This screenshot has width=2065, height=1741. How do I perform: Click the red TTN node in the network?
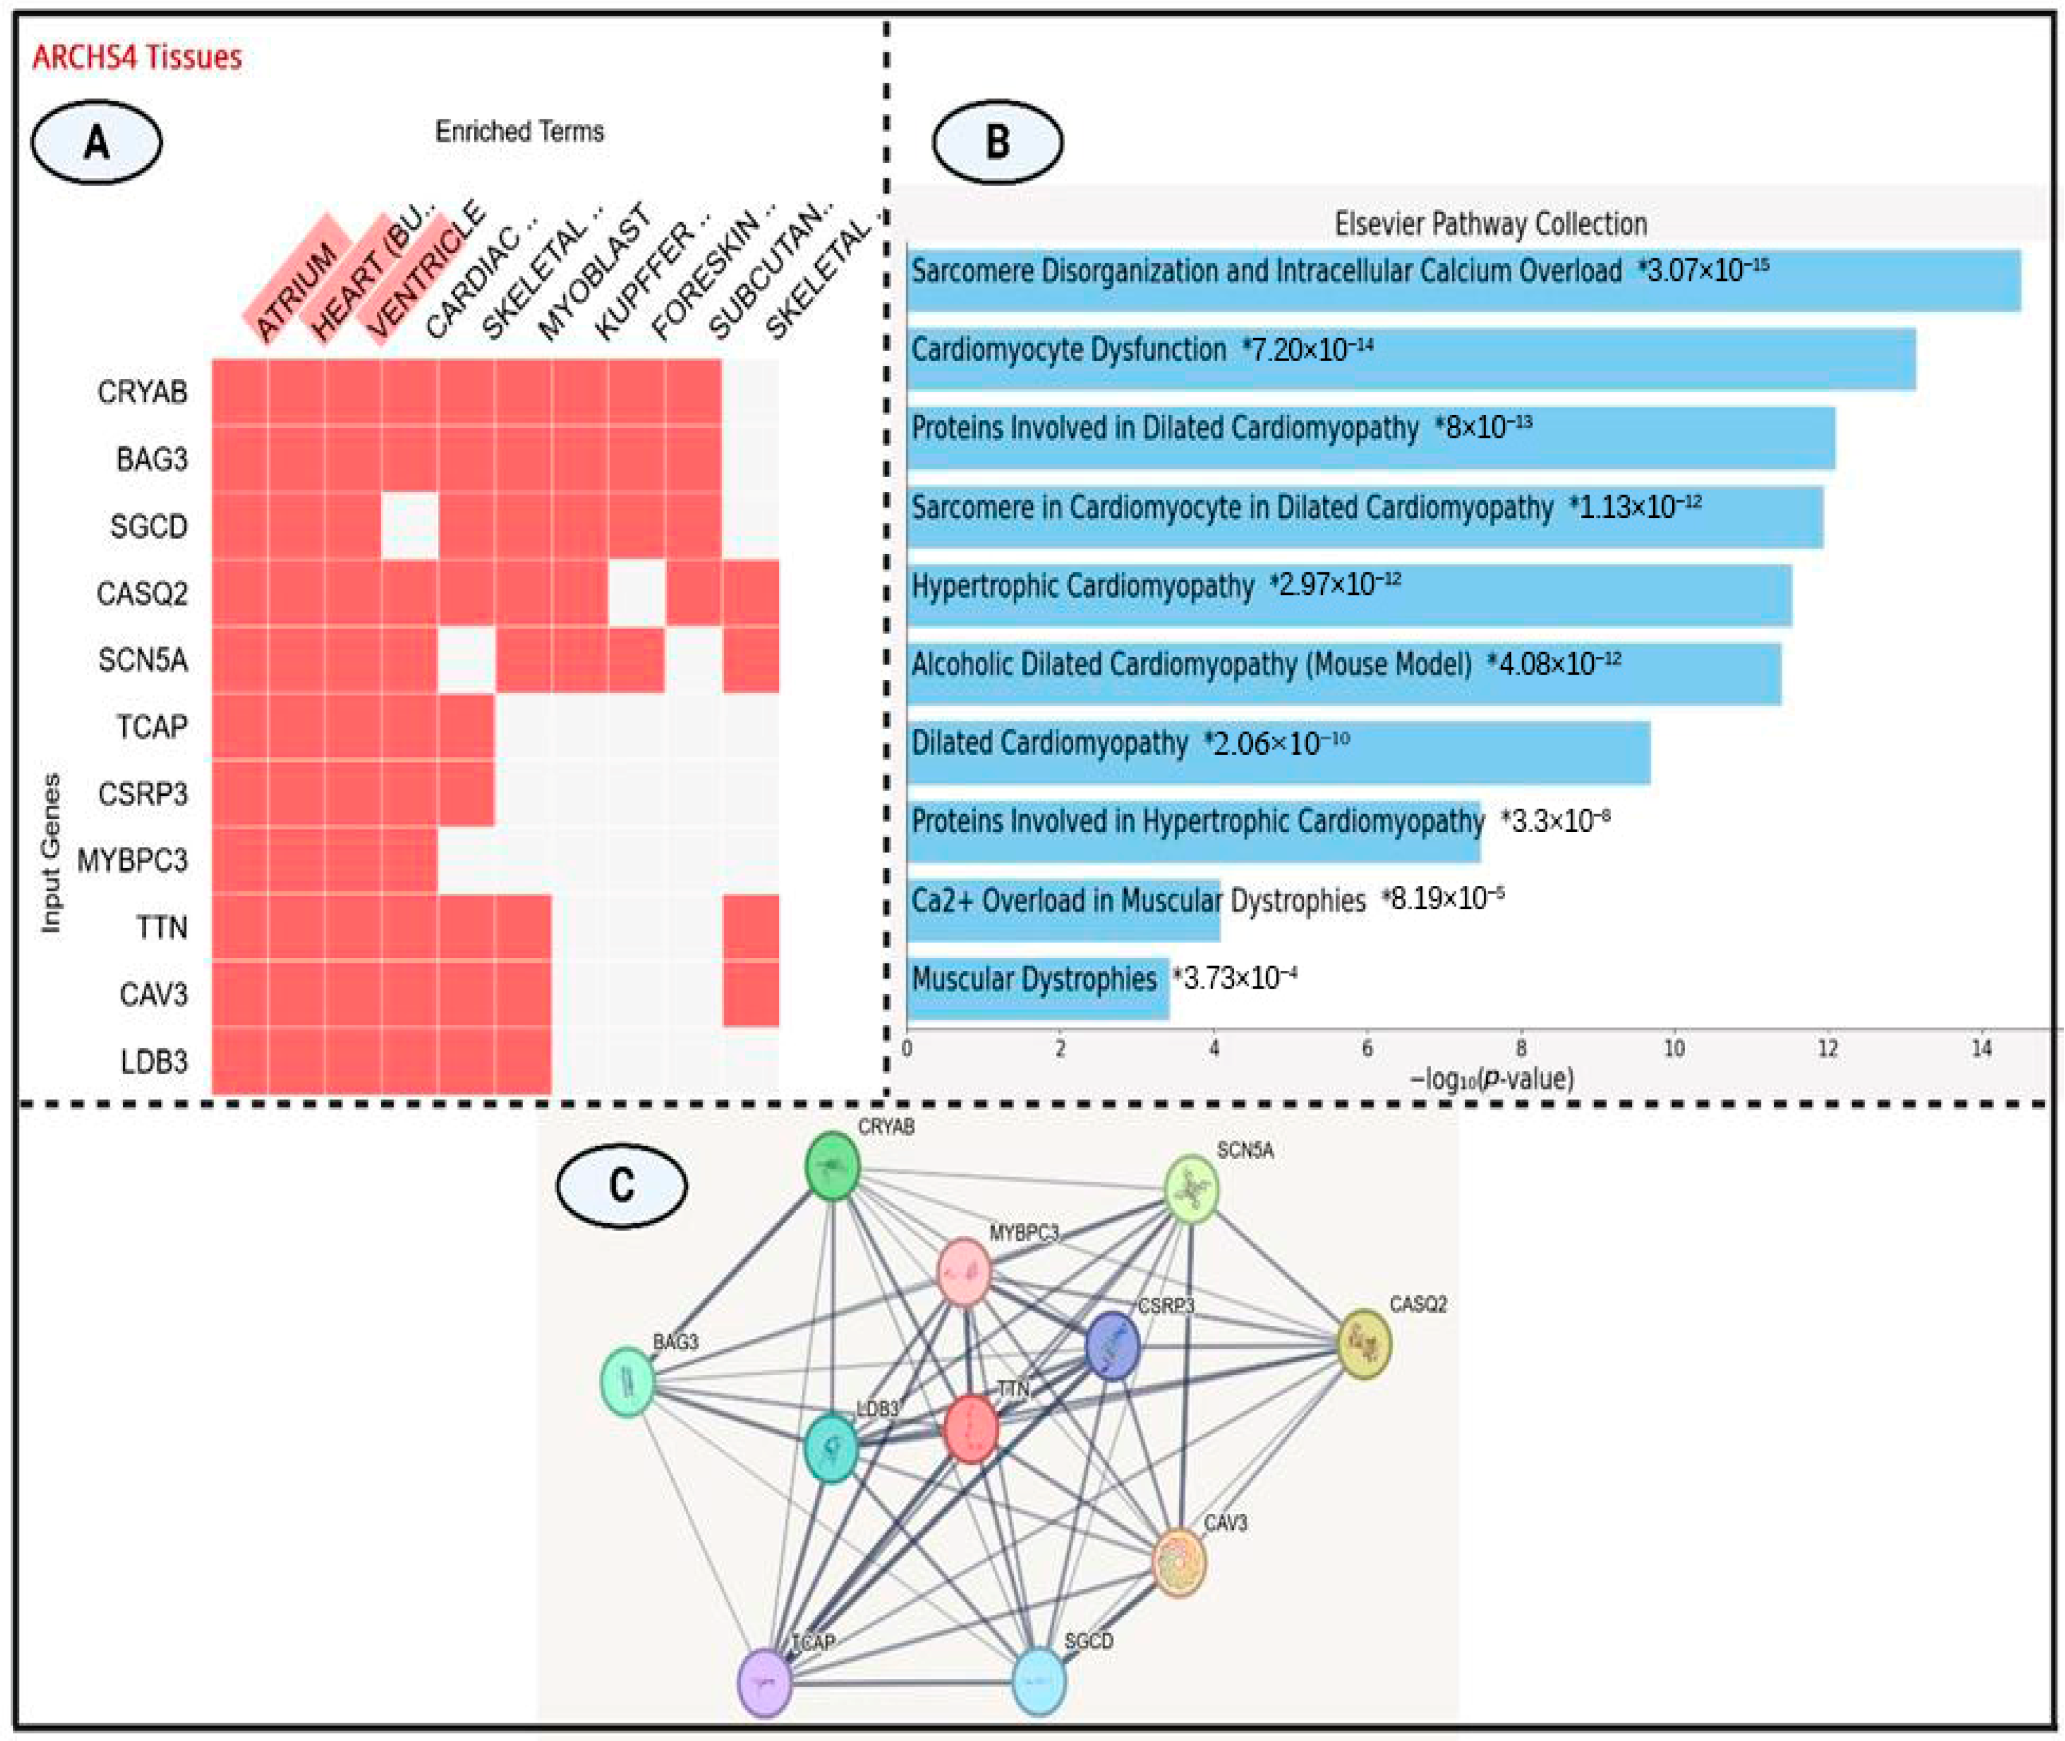(971, 1428)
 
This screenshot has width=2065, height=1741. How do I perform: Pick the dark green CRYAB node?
(833, 1167)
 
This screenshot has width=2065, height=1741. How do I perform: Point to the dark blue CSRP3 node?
(1112, 1345)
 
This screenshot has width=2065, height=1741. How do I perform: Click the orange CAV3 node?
(1179, 1562)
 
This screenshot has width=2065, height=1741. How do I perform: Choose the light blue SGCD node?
(1039, 1680)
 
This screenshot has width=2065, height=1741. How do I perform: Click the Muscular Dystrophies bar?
(1036, 987)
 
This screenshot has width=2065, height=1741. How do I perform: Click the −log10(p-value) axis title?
(1491, 1079)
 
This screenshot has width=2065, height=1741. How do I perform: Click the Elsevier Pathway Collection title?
(1490, 224)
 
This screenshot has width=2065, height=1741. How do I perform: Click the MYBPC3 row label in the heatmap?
(132, 861)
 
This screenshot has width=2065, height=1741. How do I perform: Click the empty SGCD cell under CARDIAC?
(411, 526)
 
